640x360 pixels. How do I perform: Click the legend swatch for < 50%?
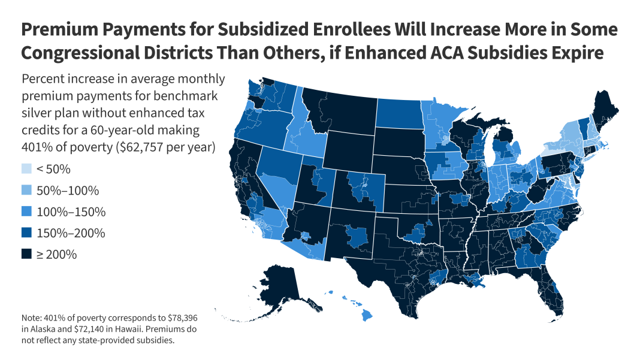[x=26, y=170]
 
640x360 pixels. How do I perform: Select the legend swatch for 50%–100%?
[x=26, y=191]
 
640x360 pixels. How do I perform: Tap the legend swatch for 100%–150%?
[x=26, y=212]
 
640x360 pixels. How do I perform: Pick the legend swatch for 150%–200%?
[x=26, y=233]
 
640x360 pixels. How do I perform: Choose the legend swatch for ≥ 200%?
[x=26, y=255]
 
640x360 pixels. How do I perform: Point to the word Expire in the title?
[x=572, y=52]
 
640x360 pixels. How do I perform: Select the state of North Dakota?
[x=398, y=113]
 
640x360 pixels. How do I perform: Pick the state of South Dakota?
[x=398, y=144]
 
